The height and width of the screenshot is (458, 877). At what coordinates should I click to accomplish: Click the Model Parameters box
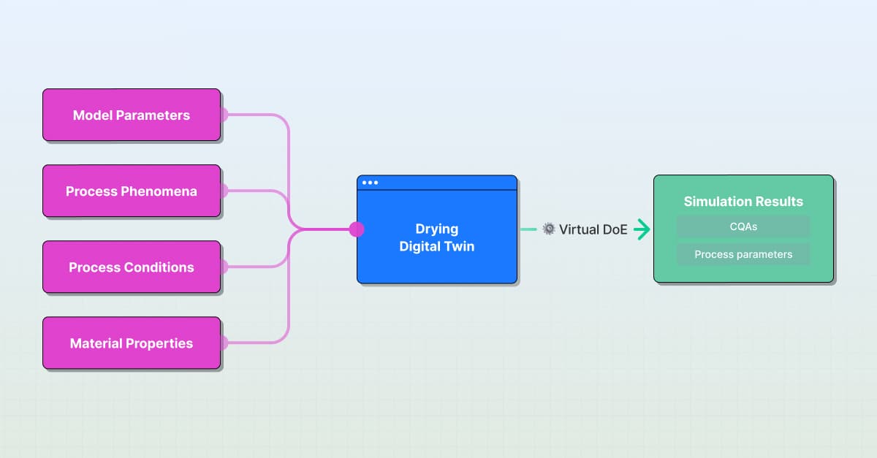(132, 115)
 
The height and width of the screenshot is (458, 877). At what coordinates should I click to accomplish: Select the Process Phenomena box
(132, 191)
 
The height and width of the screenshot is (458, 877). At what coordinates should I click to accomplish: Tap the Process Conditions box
(132, 267)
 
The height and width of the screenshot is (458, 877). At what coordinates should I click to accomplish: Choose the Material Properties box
(132, 343)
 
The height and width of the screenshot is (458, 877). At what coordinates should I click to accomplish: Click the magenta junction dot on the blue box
(357, 229)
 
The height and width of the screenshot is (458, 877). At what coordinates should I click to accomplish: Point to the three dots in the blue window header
(370, 183)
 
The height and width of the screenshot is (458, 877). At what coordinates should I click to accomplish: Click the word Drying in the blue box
(436, 229)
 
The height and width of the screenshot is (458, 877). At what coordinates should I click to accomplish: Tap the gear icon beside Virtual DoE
(549, 229)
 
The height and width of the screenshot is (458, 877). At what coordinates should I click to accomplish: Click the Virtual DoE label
(593, 229)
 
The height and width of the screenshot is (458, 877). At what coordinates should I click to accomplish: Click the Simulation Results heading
(743, 202)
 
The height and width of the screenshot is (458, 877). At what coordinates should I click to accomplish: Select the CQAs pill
(743, 226)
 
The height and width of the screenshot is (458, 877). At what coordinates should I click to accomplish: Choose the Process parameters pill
(743, 254)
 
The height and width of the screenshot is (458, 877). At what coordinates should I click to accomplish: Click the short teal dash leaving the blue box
(528, 229)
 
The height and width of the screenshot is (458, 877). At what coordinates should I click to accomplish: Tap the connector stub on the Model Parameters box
(224, 115)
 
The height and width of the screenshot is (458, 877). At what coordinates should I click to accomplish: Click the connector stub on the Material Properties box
(224, 343)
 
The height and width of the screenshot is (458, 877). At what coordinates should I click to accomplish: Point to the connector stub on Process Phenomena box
(224, 191)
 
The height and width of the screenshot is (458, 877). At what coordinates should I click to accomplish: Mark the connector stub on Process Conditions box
(224, 267)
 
